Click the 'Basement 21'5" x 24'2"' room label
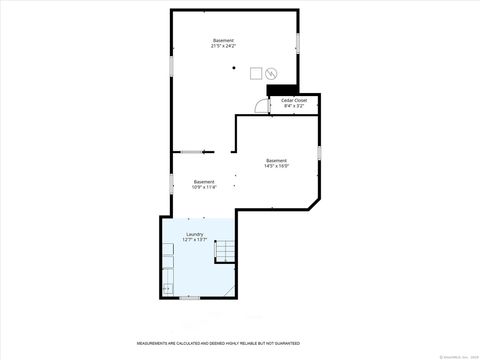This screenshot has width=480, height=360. [223, 43]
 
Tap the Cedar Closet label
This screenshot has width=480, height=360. [293, 102]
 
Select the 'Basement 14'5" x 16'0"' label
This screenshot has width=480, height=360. [276, 163]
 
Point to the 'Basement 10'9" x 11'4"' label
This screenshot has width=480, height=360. [203, 183]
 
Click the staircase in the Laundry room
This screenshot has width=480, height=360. [226, 251]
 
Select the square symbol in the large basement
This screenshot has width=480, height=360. [256, 72]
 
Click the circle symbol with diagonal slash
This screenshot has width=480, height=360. [271, 72]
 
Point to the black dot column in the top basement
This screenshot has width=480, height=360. [233, 68]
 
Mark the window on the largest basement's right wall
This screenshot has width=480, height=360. [297, 44]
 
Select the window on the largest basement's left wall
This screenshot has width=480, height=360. [171, 63]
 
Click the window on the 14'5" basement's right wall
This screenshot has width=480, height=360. [319, 152]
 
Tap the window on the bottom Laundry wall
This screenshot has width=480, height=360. [189, 297]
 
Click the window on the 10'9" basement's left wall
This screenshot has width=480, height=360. [171, 184]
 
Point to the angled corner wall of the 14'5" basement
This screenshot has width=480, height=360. [313, 203]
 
